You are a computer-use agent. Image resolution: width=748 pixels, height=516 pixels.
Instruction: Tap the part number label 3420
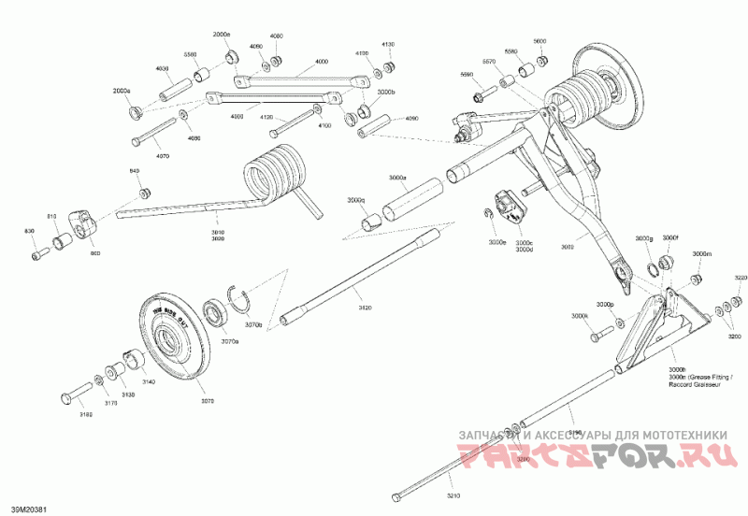tap(365, 308)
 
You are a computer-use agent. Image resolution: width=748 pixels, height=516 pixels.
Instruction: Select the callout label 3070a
tap(229, 343)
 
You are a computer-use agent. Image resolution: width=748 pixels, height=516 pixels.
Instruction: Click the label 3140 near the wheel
tap(148, 382)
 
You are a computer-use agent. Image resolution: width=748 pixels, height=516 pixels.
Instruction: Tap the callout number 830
tap(29, 232)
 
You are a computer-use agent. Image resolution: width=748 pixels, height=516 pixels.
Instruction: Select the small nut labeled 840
tap(144, 193)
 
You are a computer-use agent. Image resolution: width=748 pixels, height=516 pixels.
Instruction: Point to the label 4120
tap(266, 117)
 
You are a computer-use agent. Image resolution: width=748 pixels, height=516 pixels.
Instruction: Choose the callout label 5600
tap(539, 41)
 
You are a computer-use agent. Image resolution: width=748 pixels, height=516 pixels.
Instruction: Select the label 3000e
tap(496, 242)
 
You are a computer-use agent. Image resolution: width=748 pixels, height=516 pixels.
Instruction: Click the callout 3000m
tap(701, 253)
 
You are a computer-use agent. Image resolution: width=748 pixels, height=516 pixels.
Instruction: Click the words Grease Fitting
tap(709, 377)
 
